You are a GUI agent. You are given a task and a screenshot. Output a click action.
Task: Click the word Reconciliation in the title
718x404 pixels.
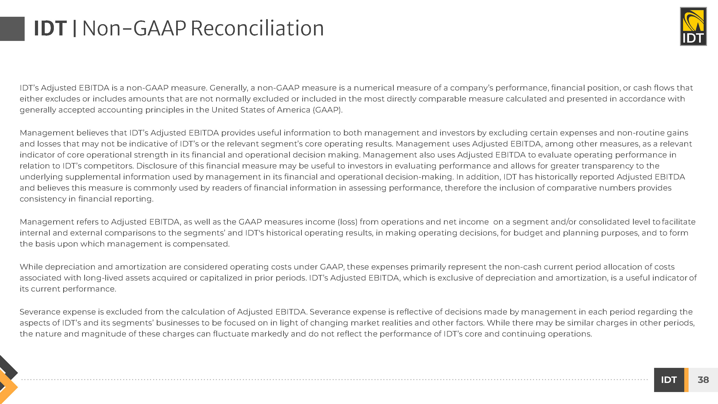(x=257, y=28)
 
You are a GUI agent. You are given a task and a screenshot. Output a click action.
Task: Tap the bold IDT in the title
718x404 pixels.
(x=50, y=28)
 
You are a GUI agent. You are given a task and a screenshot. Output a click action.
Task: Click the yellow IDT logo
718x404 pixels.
(x=693, y=26)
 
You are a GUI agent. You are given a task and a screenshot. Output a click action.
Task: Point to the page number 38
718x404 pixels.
(x=703, y=380)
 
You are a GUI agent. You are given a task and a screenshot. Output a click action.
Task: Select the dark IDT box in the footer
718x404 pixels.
(x=669, y=380)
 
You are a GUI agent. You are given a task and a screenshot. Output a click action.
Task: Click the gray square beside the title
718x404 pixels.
(x=12, y=29)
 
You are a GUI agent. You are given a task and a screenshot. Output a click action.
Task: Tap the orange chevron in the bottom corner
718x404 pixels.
(x=8, y=387)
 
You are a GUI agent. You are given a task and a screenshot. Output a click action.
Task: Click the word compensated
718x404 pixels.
(x=201, y=244)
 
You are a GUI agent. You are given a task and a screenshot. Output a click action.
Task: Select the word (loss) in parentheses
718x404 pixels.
(x=347, y=222)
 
